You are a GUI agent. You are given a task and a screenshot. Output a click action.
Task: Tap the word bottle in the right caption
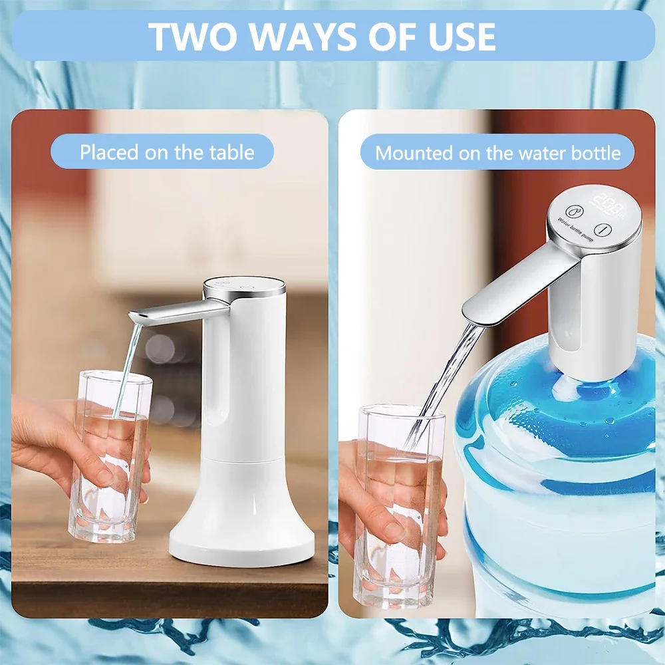click(596, 153)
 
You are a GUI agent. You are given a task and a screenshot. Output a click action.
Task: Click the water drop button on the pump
click(574, 211)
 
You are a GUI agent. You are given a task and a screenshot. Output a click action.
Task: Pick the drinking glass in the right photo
click(399, 505)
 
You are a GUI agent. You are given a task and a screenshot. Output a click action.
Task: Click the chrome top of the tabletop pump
click(244, 287)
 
